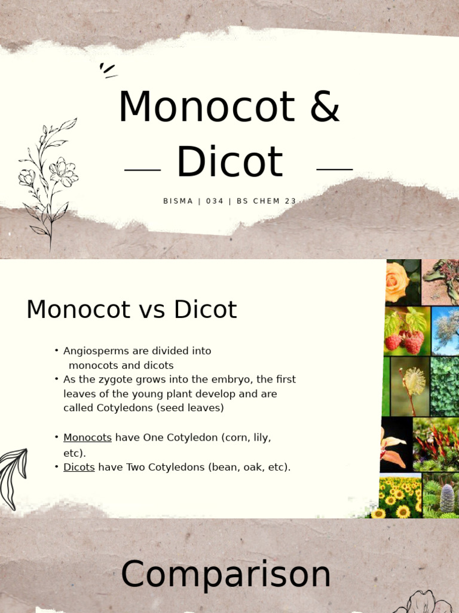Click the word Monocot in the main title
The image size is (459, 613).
[x=206, y=108]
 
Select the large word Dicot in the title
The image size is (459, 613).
[x=229, y=162]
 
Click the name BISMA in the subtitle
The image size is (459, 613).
[x=178, y=201]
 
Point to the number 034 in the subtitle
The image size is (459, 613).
[x=215, y=201]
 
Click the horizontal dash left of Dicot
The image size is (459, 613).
[x=142, y=170]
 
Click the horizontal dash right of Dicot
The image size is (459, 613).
[x=334, y=169]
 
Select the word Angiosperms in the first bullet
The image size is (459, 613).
[x=97, y=351]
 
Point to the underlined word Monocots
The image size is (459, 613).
[x=87, y=438]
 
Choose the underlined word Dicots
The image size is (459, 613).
[x=79, y=467]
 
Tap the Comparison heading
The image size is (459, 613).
[x=226, y=575]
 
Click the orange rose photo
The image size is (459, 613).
[x=397, y=281]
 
